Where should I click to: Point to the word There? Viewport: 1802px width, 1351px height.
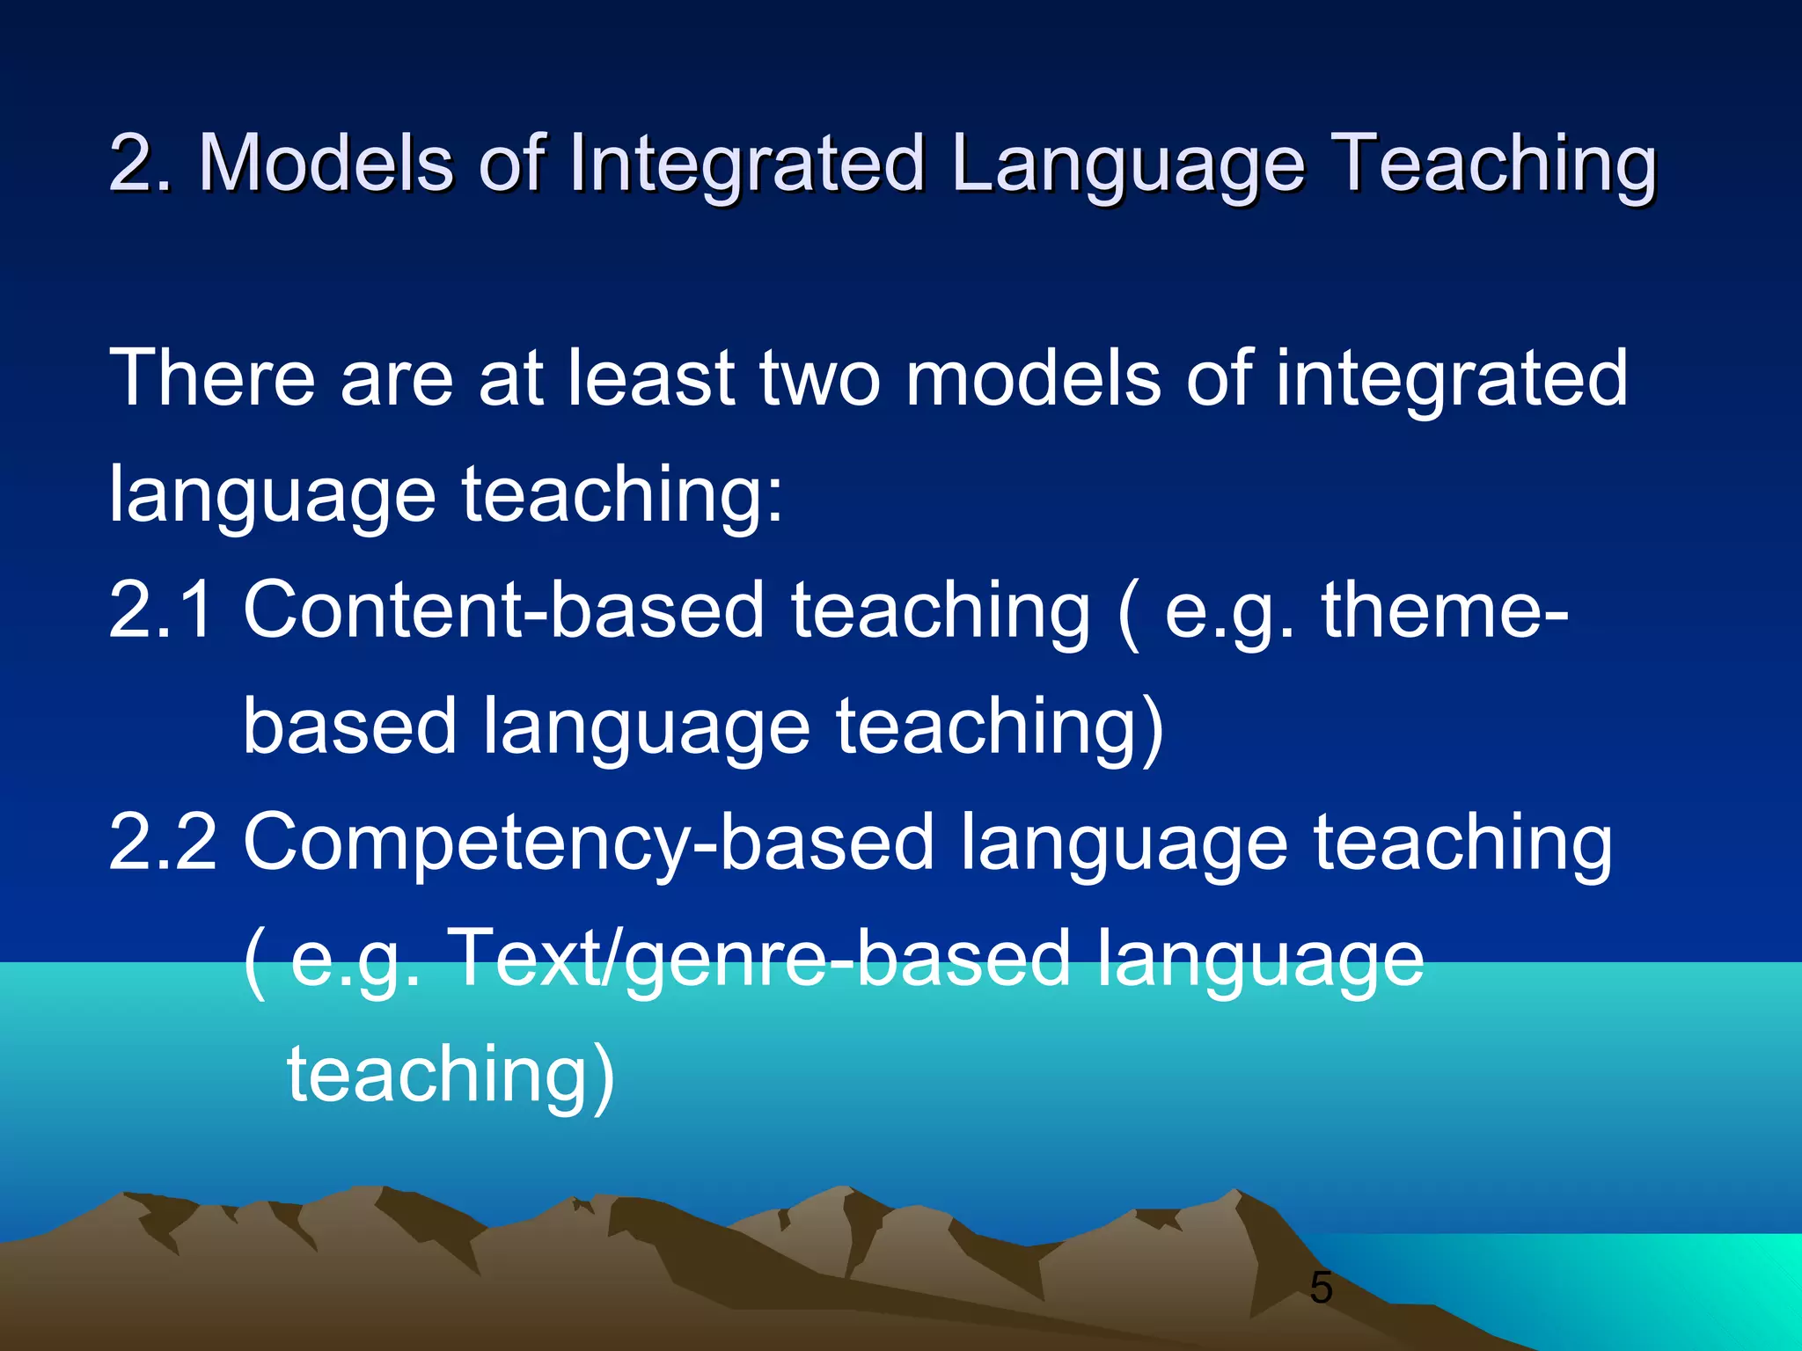tap(212, 378)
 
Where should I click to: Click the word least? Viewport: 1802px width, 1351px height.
tap(650, 378)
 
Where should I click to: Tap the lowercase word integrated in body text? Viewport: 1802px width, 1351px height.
tap(1452, 378)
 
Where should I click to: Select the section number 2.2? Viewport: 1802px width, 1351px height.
tap(162, 842)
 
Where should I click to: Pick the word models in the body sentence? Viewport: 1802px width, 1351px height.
tap(1033, 378)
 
